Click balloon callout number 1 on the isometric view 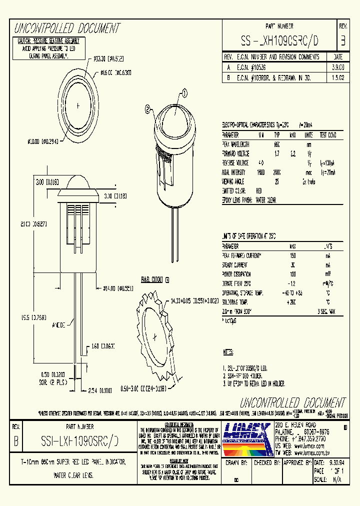click(x=183, y=93)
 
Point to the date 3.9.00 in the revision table click(x=337, y=65)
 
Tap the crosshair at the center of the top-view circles click(x=77, y=105)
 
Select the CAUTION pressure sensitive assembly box click(x=48, y=48)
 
